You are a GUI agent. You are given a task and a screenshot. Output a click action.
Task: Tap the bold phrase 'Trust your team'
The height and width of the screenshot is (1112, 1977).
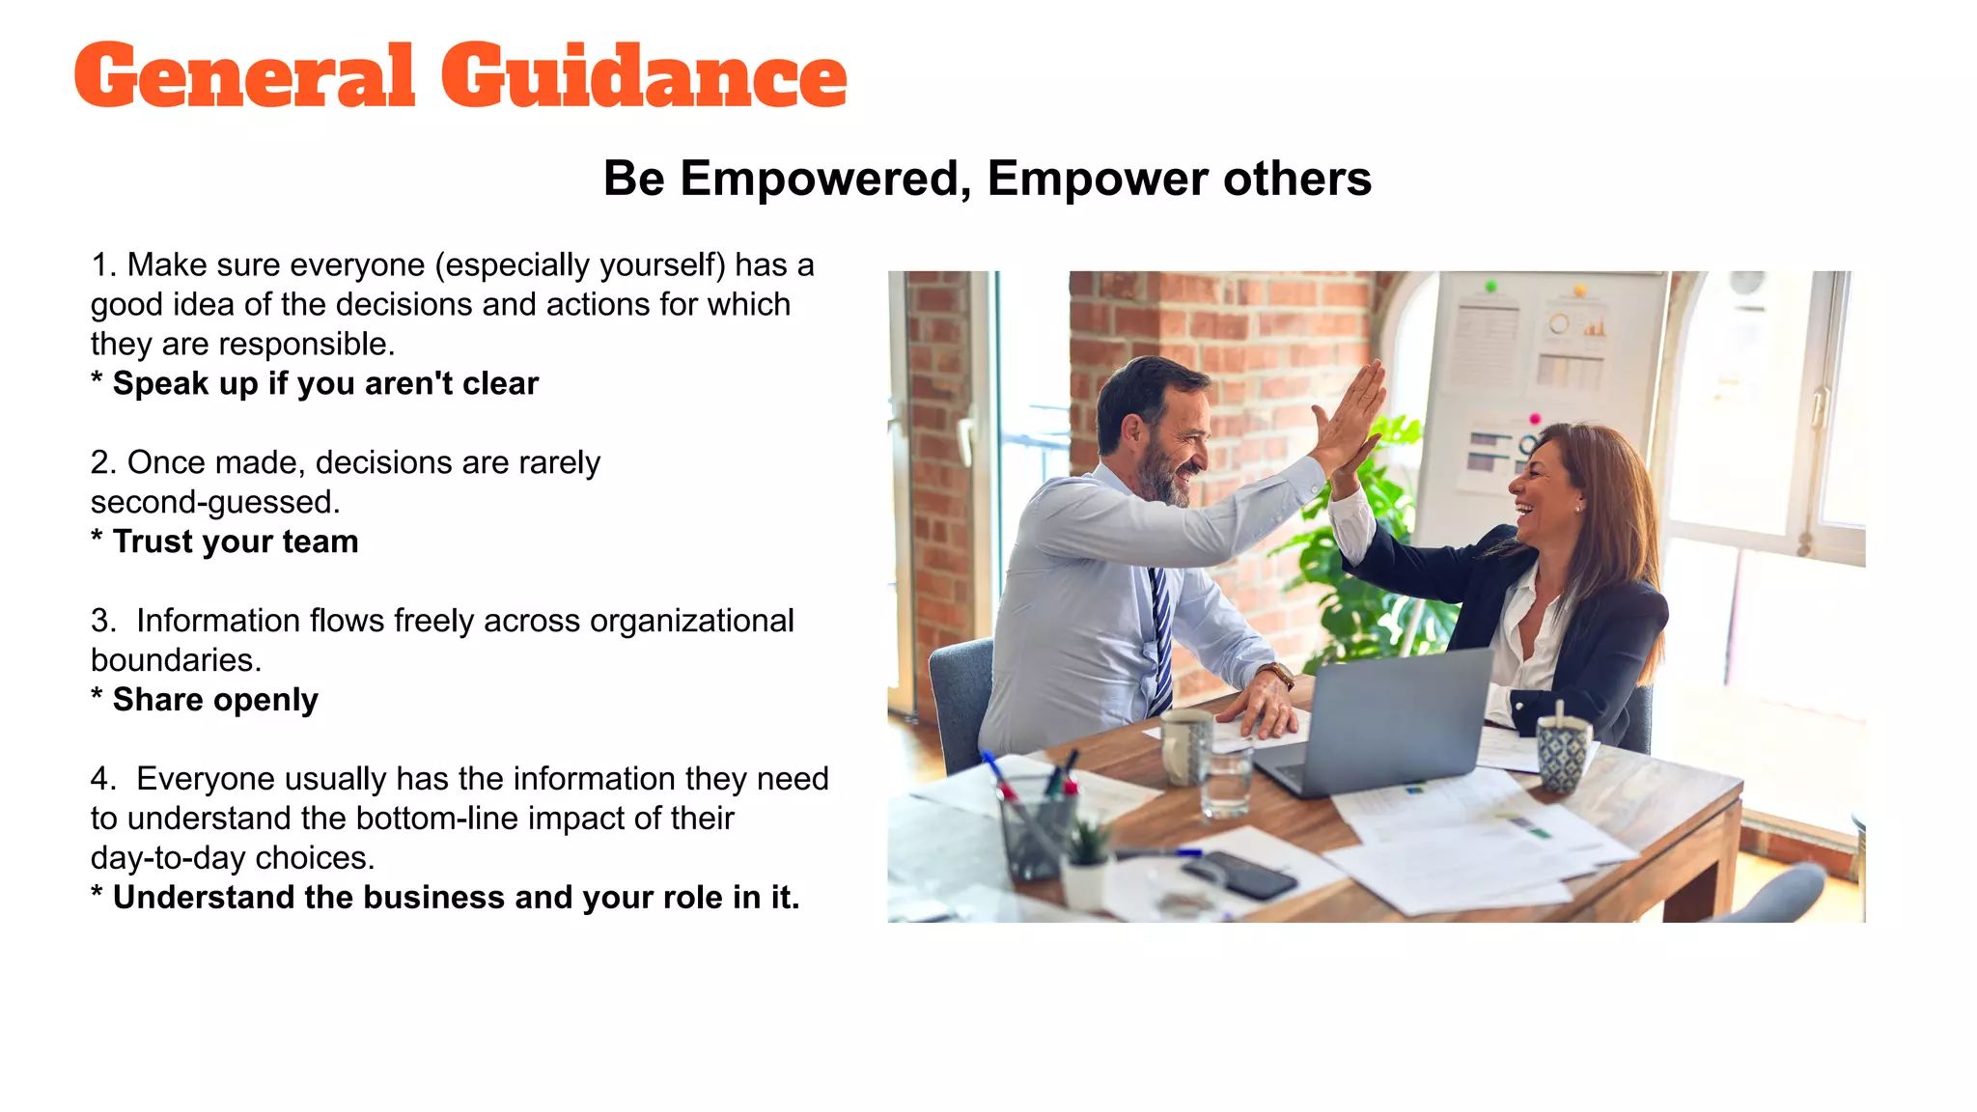tap(236, 542)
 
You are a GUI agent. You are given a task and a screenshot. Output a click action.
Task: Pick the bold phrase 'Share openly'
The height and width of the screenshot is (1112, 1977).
tap(215, 700)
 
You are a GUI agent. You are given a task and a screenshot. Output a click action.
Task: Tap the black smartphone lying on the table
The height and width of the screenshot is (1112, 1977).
tap(1239, 875)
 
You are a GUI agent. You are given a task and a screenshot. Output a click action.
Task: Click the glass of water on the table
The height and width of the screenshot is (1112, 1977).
tap(1226, 782)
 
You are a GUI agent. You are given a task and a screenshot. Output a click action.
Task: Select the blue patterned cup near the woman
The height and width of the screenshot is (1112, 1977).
tap(1562, 753)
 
